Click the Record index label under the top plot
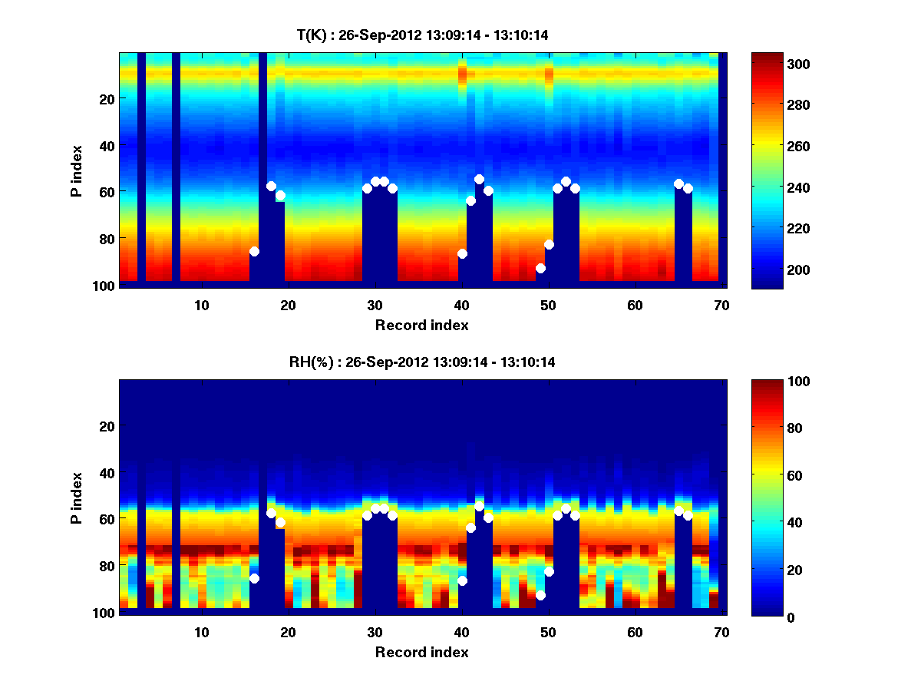click(x=422, y=325)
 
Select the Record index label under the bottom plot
click(x=422, y=652)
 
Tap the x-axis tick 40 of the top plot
click(x=461, y=305)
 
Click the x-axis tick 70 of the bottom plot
click(x=721, y=632)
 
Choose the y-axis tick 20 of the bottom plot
click(x=107, y=426)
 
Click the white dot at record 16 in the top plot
click(x=254, y=251)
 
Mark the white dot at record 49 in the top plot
click(x=540, y=268)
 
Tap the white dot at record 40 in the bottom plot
click(x=462, y=580)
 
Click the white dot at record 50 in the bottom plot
click(x=549, y=571)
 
